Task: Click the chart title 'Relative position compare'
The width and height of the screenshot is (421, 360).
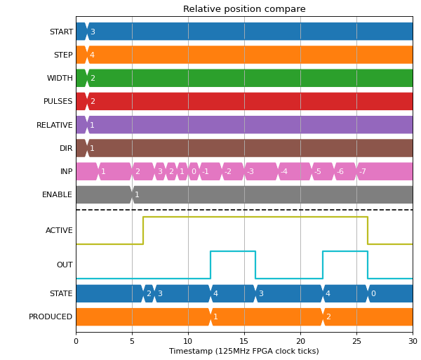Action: pyautogui.click(x=244, y=9)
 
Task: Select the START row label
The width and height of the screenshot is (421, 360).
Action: pyautogui.click(x=61, y=32)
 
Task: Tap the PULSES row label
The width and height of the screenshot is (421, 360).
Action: pyautogui.click(x=58, y=101)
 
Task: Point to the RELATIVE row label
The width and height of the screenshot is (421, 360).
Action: pyautogui.click(x=55, y=125)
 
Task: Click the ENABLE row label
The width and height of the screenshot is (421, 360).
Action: pyautogui.click(x=58, y=194)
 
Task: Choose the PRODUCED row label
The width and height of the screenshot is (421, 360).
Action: pyautogui.click(x=51, y=316)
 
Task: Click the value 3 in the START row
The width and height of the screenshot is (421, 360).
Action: pyautogui.click(x=93, y=32)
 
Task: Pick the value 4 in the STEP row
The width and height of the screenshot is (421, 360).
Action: pyautogui.click(x=92, y=55)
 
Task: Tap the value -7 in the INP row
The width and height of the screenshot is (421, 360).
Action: pyautogui.click(x=363, y=171)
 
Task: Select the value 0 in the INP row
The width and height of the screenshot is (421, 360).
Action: pyautogui.click(x=194, y=171)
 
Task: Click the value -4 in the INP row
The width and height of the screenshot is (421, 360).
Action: pyautogui.click(x=284, y=171)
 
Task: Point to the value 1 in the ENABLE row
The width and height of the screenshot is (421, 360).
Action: pyautogui.click(x=137, y=194)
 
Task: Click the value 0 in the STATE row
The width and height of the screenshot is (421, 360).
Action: pyautogui.click(x=373, y=293)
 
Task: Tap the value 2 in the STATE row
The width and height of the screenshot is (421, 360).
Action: pyautogui.click(x=149, y=293)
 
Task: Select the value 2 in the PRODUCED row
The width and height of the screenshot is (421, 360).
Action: pyautogui.click(x=328, y=316)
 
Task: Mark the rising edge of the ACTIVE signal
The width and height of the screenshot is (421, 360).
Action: pyautogui.click(x=143, y=231)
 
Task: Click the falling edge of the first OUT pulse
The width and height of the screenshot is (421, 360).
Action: pyautogui.click(x=255, y=265)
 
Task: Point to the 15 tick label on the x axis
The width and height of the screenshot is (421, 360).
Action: pyautogui.click(x=244, y=341)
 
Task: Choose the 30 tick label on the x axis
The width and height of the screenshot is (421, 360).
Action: pyautogui.click(x=413, y=341)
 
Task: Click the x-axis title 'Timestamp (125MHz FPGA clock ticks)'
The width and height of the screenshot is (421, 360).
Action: pyautogui.click(x=244, y=351)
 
